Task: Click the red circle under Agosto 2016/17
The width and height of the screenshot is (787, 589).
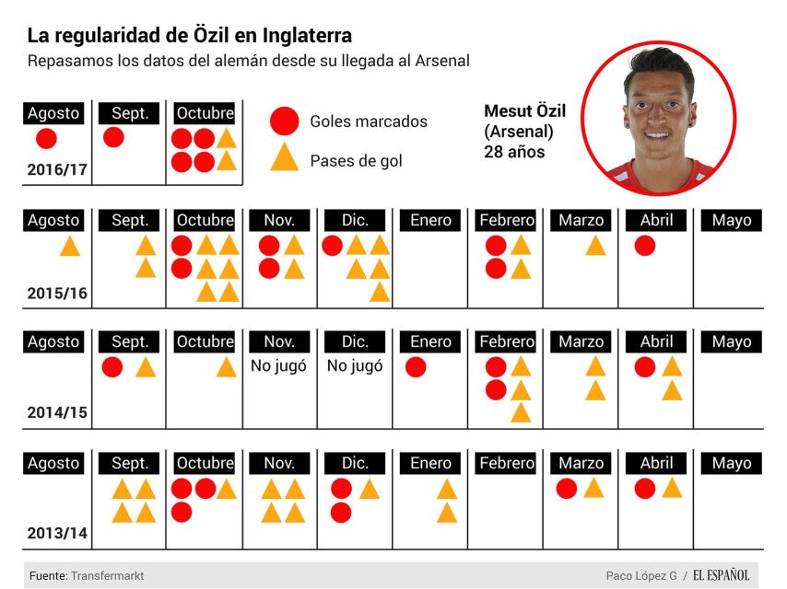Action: (46, 139)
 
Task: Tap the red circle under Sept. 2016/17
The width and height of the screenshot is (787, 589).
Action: (113, 138)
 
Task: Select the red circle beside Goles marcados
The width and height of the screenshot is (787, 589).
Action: (285, 121)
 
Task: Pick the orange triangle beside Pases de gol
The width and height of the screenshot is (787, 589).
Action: (285, 159)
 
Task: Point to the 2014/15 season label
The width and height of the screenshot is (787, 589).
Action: (57, 412)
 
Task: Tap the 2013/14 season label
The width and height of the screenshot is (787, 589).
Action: (57, 533)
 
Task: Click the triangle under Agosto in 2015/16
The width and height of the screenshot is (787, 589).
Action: (70, 247)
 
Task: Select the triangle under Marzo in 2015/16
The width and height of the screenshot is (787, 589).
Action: (595, 246)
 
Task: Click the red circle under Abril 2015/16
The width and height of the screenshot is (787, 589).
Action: (645, 246)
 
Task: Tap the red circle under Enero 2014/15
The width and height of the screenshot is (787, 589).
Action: (416, 367)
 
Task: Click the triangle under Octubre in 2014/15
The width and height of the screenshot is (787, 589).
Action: (227, 367)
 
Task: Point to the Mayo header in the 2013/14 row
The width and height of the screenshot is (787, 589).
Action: (732, 463)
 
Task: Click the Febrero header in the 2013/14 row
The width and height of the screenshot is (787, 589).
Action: (507, 463)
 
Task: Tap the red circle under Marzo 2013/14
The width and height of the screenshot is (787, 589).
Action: (567, 489)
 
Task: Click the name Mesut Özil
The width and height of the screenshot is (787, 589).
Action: (524, 111)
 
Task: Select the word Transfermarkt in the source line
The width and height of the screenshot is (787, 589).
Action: (108, 575)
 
